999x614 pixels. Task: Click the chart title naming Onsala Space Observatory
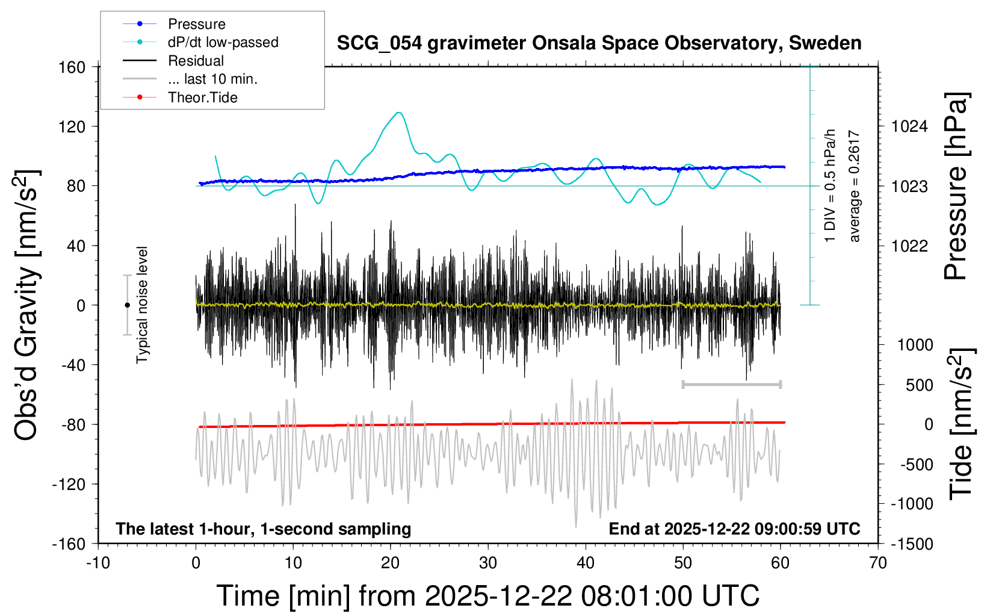coord(599,43)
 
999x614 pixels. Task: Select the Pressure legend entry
coord(196,24)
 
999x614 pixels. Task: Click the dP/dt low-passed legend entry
coord(223,42)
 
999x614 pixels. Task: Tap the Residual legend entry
coord(196,61)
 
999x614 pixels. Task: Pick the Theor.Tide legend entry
coord(202,98)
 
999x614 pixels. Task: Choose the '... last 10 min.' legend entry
coord(212,79)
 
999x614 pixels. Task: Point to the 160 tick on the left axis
coord(72,67)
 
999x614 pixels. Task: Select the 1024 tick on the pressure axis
coord(909,126)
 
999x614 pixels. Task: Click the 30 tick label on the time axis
coord(488,563)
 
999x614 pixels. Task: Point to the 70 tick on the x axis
coord(878,563)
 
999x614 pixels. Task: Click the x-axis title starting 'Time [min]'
coord(488,596)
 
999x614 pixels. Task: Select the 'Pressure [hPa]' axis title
coord(956,187)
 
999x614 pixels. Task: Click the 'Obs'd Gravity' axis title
coord(27,305)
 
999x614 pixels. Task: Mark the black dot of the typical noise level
coord(127,305)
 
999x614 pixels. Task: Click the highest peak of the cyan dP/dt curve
coord(398,113)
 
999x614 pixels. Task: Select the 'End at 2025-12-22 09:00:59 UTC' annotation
coord(734,529)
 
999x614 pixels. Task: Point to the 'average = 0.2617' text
coord(855,187)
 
